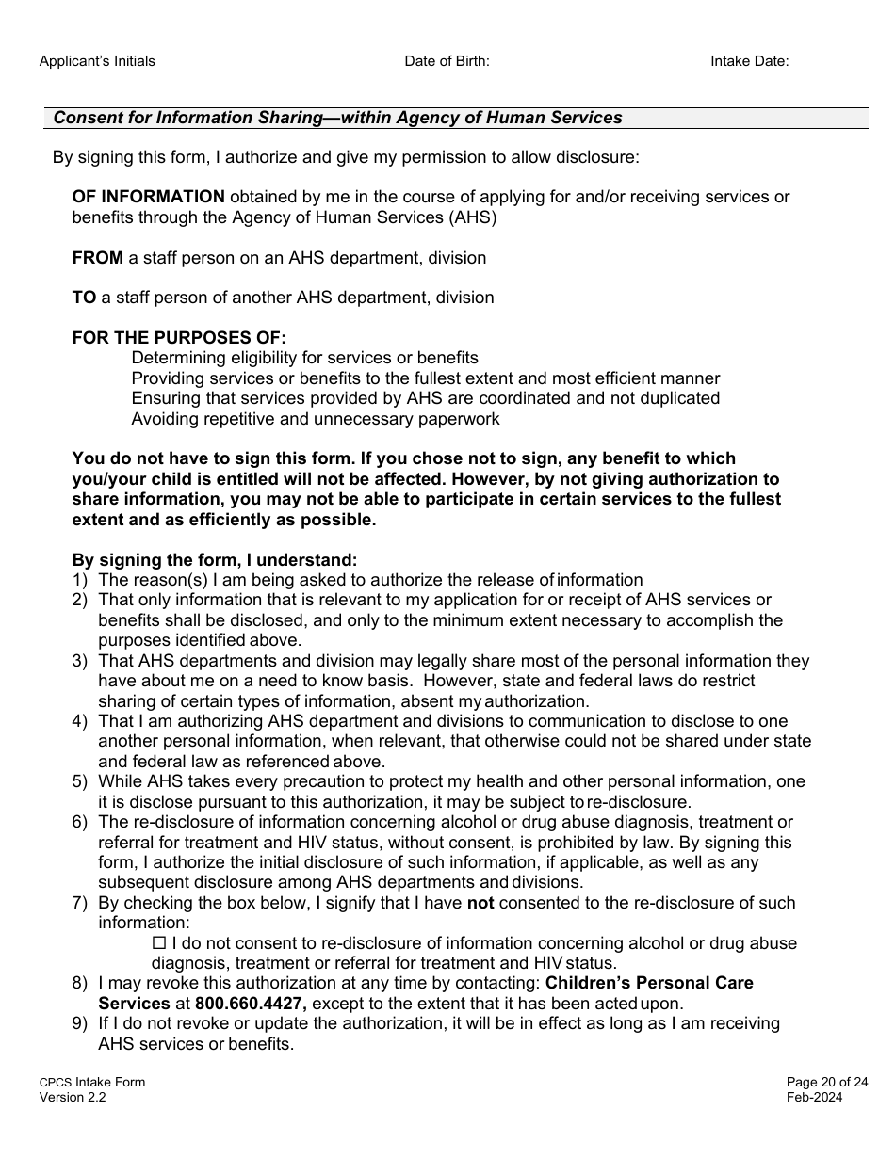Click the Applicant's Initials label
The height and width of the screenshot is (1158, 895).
pyautogui.click(x=97, y=61)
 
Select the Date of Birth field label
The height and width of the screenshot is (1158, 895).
pyautogui.click(x=447, y=61)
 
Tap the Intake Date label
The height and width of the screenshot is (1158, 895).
pyautogui.click(x=749, y=61)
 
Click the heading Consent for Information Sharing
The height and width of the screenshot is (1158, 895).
pyautogui.click(x=337, y=118)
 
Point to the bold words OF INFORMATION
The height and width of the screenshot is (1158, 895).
pyautogui.click(x=149, y=197)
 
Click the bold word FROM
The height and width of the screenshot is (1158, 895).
pyautogui.click(x=98, y=257)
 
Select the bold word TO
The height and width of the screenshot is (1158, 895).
pyautogui.click(x=84, y=298)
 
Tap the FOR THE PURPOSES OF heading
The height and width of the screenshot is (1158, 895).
pyautogui.click(x=179, y=337)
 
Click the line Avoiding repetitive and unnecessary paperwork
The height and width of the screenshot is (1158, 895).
pyautogui.click(x=316, y=419)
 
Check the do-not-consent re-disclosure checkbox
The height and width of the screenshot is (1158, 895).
pyautogui.click(x=158, y=943)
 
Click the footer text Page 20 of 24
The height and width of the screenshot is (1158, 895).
pyautogui.click(x=815, y=1082)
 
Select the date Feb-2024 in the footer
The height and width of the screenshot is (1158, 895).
pyautogui.click(x=815, y=1097)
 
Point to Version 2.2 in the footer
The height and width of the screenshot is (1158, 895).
pyautogui.click(x=73, y=1097)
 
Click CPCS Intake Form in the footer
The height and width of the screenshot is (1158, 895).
pyautogui.click(x=92, y=1082)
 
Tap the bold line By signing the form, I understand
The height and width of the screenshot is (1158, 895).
pyautogui.click(x=215, y=559)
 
